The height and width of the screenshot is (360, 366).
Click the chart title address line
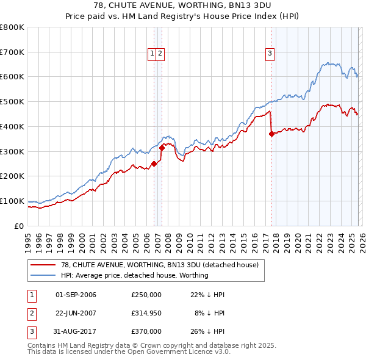(182, 5)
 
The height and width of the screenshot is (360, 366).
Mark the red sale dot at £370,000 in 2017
(271, 134)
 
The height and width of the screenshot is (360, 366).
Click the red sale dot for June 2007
(162, 147)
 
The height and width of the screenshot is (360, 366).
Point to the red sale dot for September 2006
(154, 164)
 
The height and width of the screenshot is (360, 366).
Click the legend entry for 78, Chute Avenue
(160, 265)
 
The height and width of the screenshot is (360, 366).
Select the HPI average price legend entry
(134, 275)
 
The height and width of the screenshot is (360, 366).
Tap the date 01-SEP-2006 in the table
(76, 295)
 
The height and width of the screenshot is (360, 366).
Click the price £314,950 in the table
(146, 313)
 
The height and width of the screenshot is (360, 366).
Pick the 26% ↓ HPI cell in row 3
(207, 331)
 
